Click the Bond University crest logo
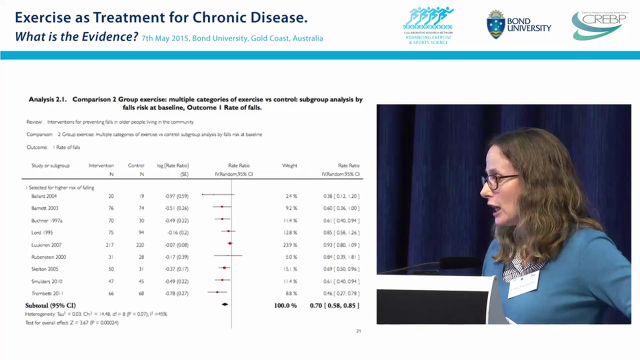pos(495,24)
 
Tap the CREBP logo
pos(598,25)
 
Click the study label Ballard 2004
pos(44,196)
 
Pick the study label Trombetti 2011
pos(47,293)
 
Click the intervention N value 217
pos(110,245)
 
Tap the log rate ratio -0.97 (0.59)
pos(177,196)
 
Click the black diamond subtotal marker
pos(225,304)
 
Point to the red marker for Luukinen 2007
pos(230,243)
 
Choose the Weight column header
pos(289,165)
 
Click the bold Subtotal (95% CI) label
pos(50,305)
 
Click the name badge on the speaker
pos(523,284)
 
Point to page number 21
pos(358,331)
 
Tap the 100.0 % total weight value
pos(285,305)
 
